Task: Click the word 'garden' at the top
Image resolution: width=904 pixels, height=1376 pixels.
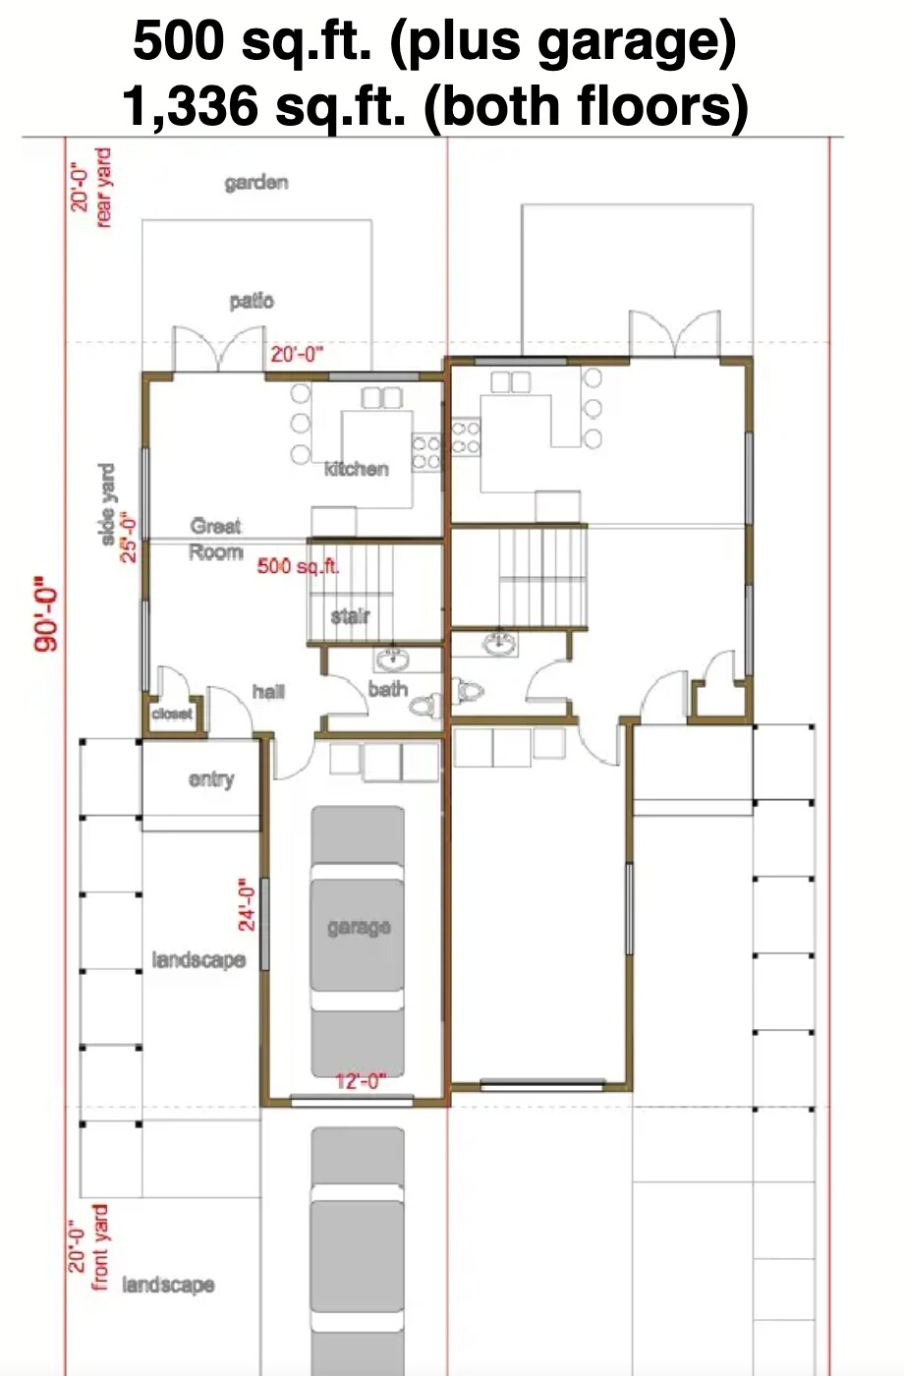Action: tap(255, 183)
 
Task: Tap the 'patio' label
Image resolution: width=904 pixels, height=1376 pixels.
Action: tap(252, 301)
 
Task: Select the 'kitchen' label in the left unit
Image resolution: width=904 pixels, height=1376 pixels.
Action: tap(356, 469)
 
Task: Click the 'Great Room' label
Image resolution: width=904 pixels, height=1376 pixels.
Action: tap(216, 540)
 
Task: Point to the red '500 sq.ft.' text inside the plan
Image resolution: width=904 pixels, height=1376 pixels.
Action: tap(298, 566)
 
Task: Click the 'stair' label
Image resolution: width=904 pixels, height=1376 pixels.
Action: tap(350, 616)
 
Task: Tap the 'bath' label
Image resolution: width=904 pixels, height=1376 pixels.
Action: tap(387, 689)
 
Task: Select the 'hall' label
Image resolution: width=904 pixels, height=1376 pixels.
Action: tap(267, 692)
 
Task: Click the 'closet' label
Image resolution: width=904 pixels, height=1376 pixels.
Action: tap(172, 714)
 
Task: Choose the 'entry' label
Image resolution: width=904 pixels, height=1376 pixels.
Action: tap(211, 779)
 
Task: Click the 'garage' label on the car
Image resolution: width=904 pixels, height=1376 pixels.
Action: tap(359, 927)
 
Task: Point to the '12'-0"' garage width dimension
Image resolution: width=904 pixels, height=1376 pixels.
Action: tap(361, 1081)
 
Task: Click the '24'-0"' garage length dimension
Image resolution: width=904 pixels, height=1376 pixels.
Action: tap(247, 909)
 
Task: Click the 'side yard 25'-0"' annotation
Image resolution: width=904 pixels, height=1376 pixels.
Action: tap(116, 513)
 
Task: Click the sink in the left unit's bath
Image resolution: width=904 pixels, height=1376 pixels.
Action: tap(394, 658)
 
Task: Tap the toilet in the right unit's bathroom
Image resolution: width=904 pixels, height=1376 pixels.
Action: tap(469, 691)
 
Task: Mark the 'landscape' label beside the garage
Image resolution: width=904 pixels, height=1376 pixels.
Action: tap(198, 959)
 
